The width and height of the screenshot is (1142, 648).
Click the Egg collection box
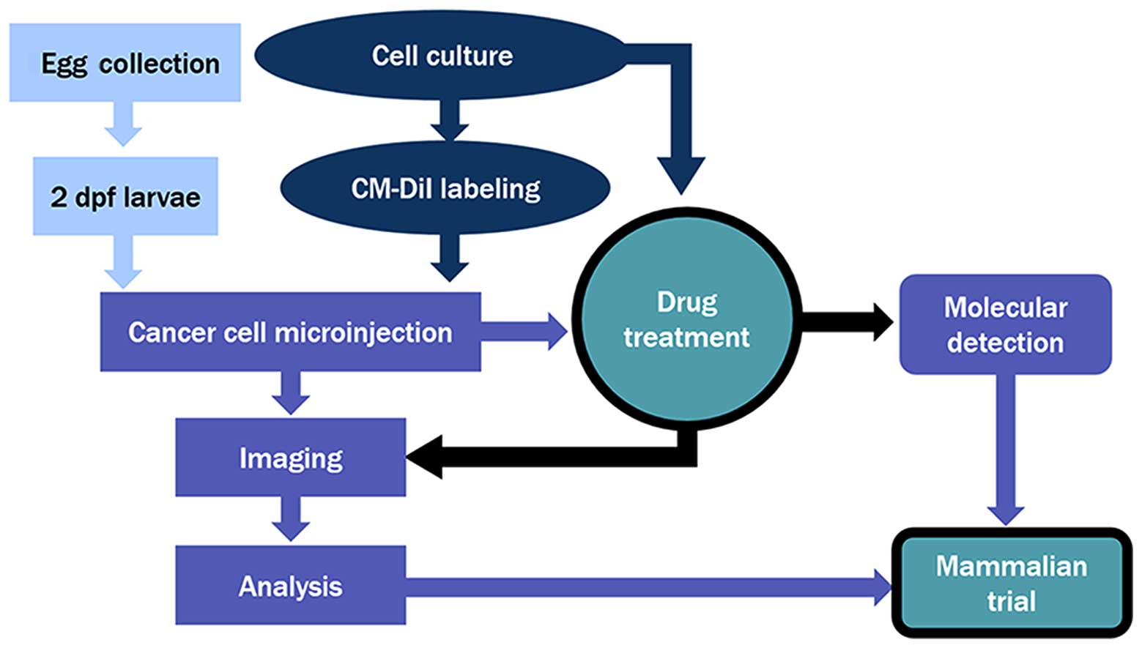pos(125,63)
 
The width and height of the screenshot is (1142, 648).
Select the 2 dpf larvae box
pos(125,196)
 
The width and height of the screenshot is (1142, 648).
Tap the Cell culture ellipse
pos(441,56)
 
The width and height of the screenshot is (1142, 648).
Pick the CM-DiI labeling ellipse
pos(445,188)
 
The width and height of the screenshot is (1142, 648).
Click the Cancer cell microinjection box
pos(290,332)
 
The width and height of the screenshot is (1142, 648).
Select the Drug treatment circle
pos(686,321)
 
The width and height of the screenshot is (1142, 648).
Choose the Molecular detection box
pos(1005,324)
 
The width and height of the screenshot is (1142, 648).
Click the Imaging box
pos(290,458)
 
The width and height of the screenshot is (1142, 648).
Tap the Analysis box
pos(290,585)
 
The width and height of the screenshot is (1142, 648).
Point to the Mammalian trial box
pos(1012,584)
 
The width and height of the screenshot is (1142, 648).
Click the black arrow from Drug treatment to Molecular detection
pos(846,321)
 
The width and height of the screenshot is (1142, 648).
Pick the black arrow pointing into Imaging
pos(549,457)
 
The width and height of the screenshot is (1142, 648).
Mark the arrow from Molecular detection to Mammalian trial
pos(1005,447)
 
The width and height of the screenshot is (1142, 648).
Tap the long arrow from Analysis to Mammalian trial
pos(645,587)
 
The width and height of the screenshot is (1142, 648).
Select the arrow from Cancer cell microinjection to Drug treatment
pos(524,332)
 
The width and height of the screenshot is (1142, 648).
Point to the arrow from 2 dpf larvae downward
pos(123,261)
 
